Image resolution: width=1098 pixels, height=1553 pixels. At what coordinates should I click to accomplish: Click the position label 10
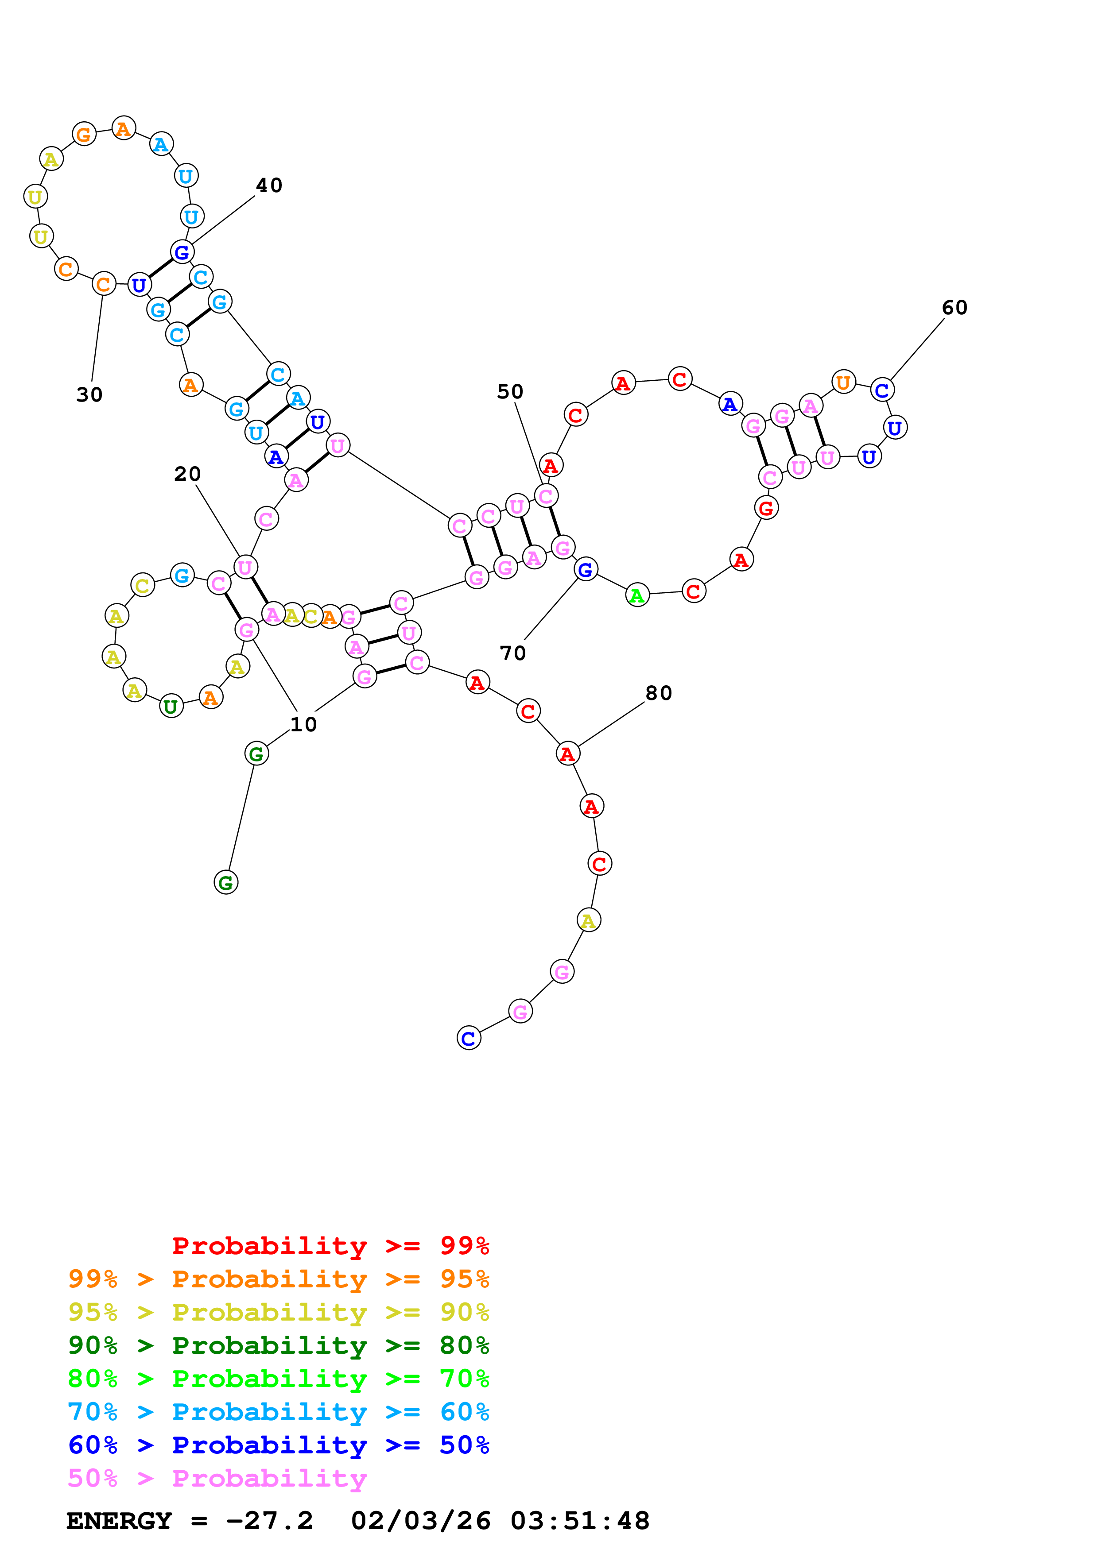(303, 724)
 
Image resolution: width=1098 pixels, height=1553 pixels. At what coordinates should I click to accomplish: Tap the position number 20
(187, 474)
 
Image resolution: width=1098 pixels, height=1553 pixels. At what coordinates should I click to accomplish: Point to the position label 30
(89, 395)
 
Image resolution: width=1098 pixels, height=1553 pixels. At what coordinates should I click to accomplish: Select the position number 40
(268, 185)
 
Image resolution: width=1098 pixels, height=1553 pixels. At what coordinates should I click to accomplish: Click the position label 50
(510, 392)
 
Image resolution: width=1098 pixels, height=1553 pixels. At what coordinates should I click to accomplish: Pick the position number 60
(954, 308)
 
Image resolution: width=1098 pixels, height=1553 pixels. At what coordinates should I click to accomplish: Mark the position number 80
(658, 693)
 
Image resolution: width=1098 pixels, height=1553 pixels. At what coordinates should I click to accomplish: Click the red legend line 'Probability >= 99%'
(330, 1246)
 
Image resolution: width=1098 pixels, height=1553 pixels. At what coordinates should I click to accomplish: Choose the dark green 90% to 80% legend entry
(278, 1346)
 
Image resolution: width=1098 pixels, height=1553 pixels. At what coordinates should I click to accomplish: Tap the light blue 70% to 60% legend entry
(278, 1412)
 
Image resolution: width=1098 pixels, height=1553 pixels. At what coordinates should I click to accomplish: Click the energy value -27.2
(269, 1521)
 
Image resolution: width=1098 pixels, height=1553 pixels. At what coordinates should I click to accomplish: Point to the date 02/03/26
(421, 1521)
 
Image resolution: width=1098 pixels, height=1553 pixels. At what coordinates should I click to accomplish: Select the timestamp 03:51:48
(580, 1521)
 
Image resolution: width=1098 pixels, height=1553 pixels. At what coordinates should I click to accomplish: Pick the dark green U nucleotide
(171, 707)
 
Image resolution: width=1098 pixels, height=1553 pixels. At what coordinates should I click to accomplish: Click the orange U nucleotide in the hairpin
(843, 382)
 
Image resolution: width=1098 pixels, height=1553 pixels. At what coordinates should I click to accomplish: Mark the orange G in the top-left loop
(84, 135)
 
